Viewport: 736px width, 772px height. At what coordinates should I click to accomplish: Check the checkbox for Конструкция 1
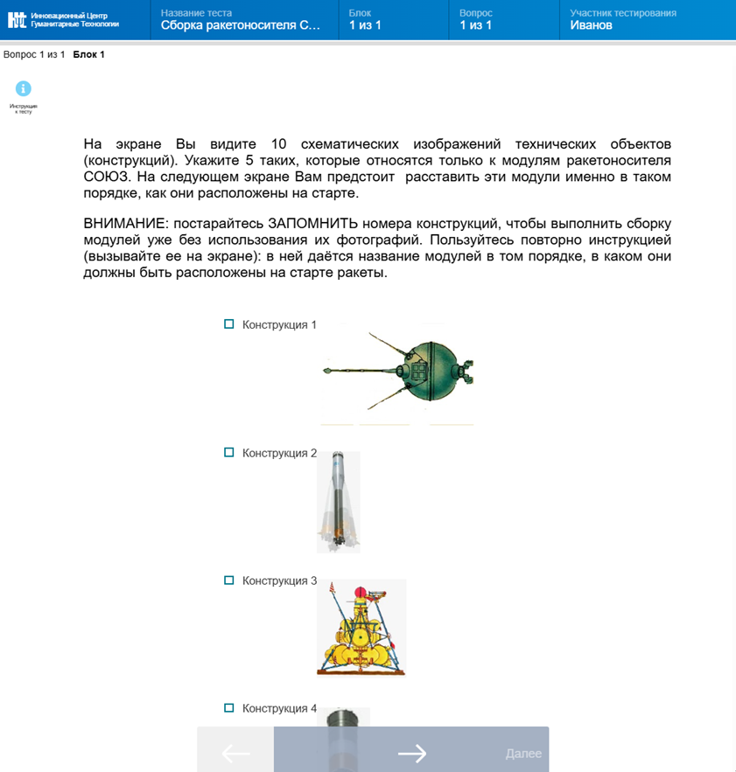point(229,324)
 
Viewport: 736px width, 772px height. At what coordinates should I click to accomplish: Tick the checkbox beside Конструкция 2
point(229,453)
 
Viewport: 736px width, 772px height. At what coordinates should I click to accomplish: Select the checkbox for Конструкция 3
point(229,581)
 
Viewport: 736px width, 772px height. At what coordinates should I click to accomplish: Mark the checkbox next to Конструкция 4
point(229,708)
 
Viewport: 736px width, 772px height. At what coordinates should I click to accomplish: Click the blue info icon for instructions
point(24,88)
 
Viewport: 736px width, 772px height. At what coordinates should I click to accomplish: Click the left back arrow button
point(235,753)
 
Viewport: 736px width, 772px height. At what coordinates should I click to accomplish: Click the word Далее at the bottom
point(523,754)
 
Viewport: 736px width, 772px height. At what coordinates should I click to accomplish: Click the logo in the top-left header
point(18,19)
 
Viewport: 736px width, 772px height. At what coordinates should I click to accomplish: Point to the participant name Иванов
point(591,26)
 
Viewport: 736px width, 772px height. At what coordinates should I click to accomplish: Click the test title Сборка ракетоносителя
point(241,26)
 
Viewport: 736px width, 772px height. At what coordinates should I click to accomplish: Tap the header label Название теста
point(196,13)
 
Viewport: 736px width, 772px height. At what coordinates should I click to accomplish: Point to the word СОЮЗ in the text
point(108,177)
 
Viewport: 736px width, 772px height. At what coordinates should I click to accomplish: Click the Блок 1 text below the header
point(88,55)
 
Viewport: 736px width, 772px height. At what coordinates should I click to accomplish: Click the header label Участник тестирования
point(622,13)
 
